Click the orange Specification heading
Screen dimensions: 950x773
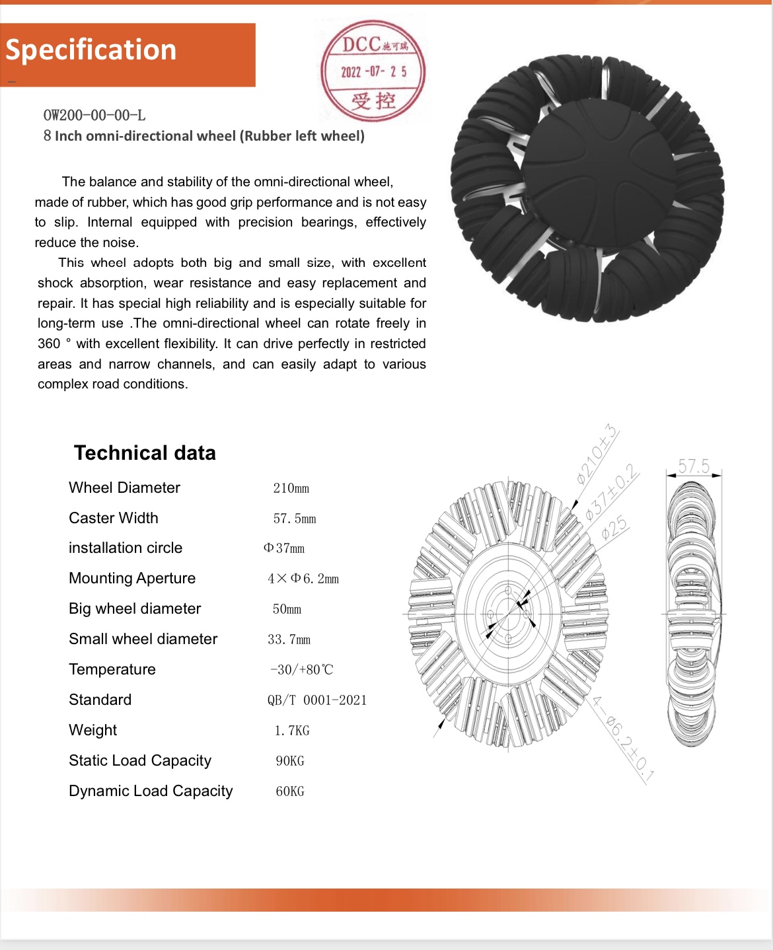[91, 50]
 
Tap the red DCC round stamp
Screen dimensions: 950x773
[373, 71]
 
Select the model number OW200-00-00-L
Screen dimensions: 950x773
[94, 115]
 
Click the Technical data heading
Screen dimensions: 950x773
[145, 453]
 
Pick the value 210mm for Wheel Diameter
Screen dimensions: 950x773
[291, 488]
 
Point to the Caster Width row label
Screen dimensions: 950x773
[114, 518]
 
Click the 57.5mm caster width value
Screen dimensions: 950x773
[295, 519]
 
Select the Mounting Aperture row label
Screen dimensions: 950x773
[132, 578]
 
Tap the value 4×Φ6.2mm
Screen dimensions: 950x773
[303, 579]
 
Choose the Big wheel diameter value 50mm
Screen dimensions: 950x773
[287, 609]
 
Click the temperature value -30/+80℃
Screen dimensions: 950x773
[302, 669]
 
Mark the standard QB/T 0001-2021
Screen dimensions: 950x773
[317, 700]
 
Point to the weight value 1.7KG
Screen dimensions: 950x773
[292, 731]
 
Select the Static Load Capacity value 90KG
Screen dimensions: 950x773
[290, 761]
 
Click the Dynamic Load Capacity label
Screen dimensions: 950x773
[151, 791]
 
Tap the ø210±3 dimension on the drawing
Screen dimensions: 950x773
[597, 455]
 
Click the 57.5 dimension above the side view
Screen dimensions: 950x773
[694, 466]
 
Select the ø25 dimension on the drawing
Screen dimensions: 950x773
[614, 528]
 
